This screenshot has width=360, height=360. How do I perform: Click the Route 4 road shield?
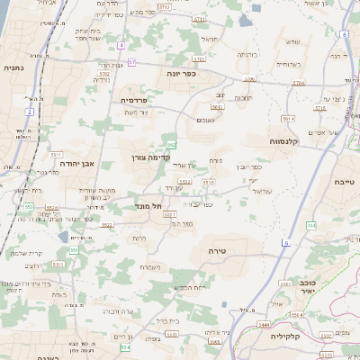click(x=121, y=44)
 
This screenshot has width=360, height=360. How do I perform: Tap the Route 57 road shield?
click(x=131, y=62)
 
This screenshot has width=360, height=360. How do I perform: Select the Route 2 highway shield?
click(x=30, y=112)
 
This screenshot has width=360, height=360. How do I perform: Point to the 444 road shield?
click(x=310, y=226)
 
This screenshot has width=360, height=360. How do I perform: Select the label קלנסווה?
click(x=285, y=141)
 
